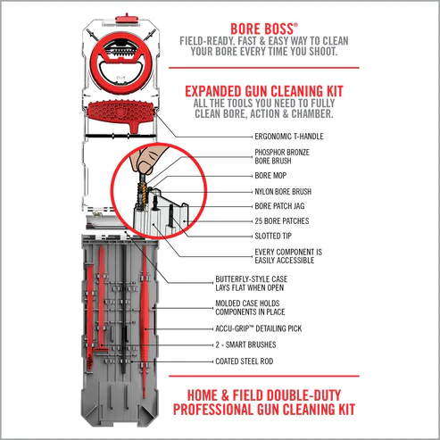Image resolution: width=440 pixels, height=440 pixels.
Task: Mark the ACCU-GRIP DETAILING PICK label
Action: (277, 329)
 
